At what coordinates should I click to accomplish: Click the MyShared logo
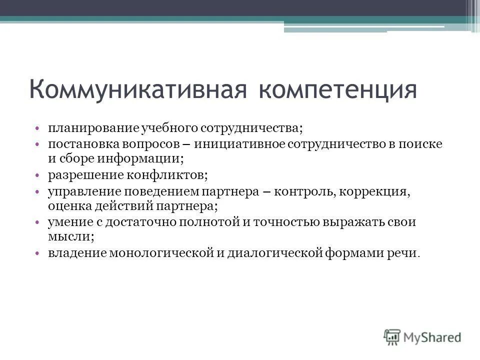(422, 336)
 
